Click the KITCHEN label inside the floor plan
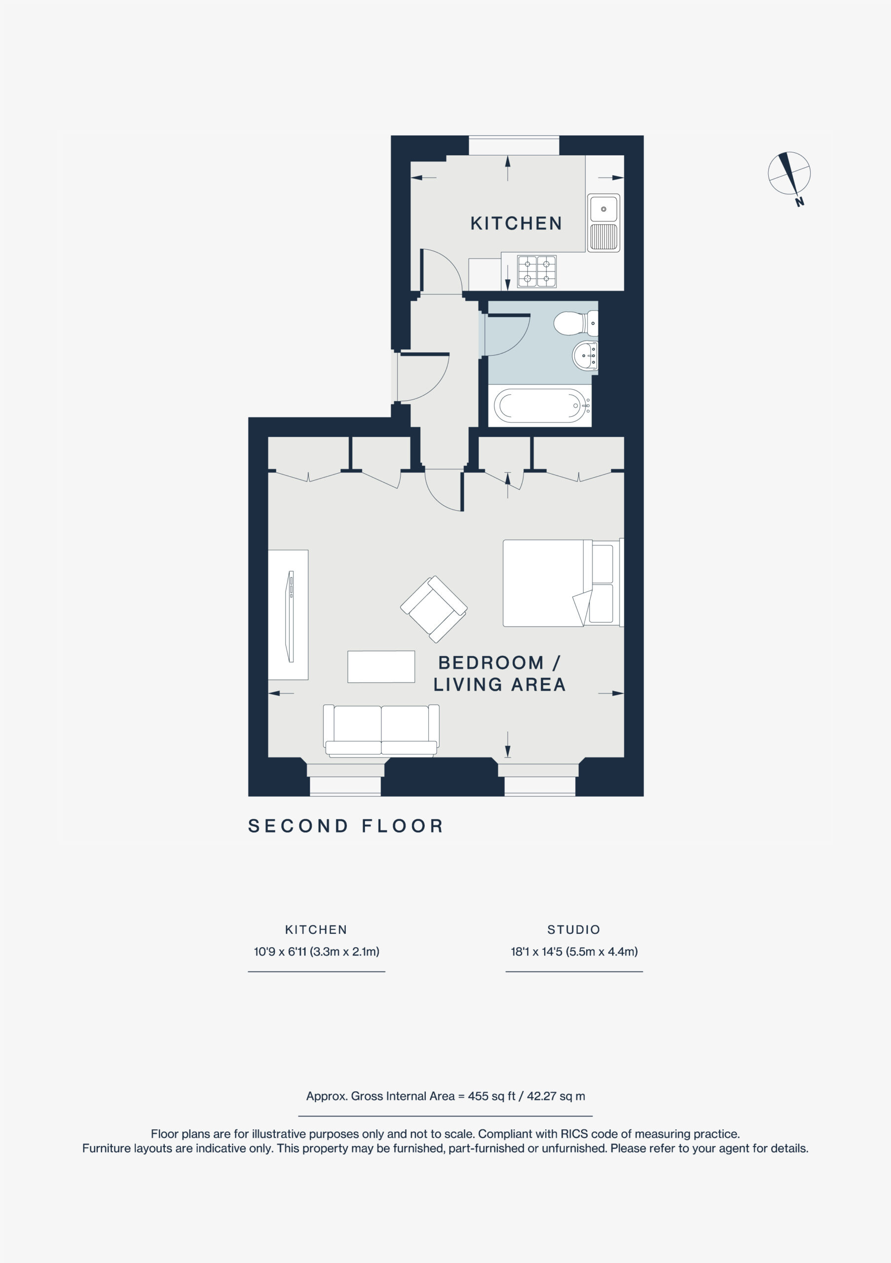(x=516, y=223)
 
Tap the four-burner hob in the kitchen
(x=537, y=271)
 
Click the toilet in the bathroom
(x=575, y=324)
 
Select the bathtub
(x=542, y=406)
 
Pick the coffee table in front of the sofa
(x=381, y=667)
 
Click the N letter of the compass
(x=799, y=202)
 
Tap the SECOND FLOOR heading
(x=346, y=826)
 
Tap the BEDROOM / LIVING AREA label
(x=499, y=674)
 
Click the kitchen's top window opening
(x=514, y=146)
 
